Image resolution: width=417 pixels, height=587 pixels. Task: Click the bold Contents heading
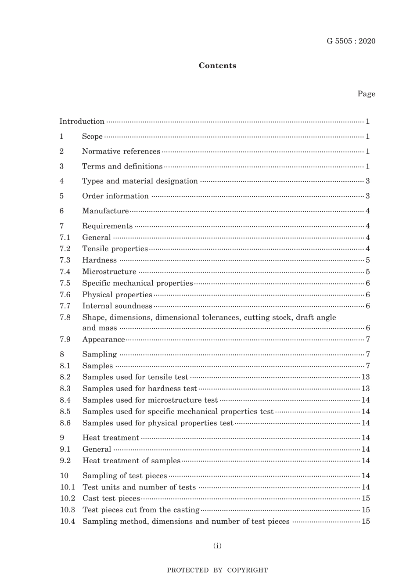217,66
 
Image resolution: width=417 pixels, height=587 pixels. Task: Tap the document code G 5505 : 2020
351,41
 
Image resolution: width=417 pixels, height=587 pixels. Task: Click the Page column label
366,94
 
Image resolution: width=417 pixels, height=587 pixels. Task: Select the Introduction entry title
82,122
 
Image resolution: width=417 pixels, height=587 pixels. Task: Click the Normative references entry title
121,151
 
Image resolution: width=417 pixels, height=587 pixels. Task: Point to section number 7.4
65,272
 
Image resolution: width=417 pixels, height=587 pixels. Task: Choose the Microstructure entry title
109,272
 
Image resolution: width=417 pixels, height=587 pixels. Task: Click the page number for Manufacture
367,211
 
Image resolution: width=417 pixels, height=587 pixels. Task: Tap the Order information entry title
115,196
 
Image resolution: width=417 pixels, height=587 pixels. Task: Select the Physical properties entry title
117,295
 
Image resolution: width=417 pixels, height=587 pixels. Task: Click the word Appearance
104,339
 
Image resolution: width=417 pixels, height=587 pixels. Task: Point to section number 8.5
65,412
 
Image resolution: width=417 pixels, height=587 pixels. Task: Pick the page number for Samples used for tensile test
366,377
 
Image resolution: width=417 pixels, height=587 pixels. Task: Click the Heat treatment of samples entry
131,461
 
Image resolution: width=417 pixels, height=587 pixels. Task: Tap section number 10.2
68,499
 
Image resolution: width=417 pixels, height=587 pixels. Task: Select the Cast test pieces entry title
111,499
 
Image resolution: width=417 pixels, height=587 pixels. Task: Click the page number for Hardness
367,260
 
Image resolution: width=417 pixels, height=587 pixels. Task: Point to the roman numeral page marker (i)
217,546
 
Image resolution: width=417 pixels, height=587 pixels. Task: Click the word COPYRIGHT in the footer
247,570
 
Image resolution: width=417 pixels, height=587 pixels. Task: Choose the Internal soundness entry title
117,306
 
